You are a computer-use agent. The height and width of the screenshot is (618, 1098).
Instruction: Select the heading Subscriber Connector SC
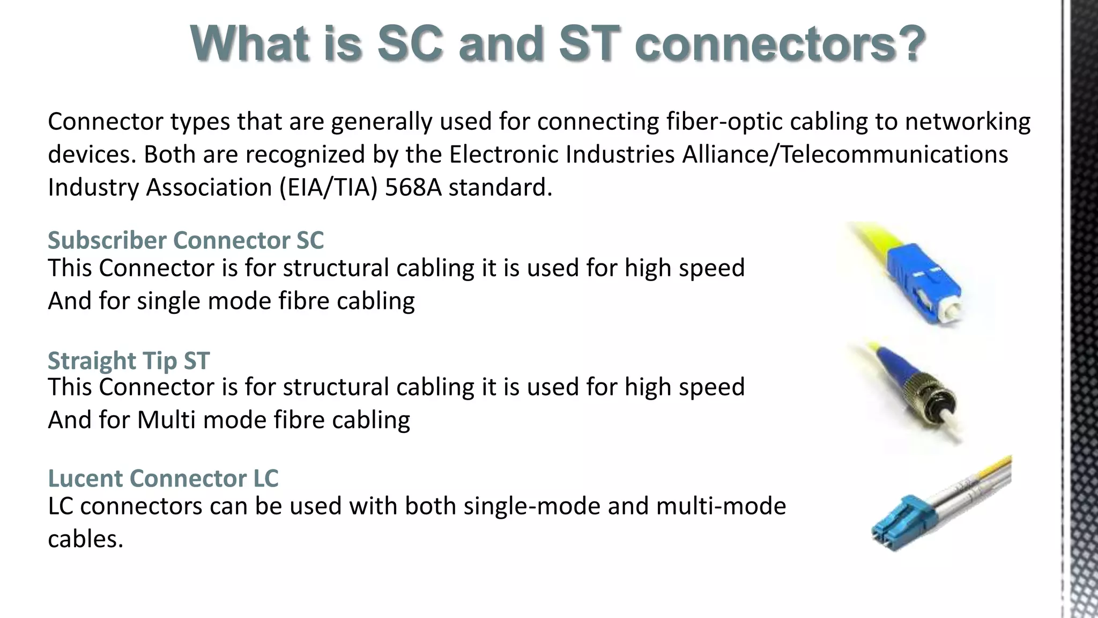coord(186,240)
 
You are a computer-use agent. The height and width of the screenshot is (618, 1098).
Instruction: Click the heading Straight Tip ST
coord(129,360)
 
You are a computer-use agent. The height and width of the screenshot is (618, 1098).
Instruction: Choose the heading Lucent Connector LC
coord(163,478)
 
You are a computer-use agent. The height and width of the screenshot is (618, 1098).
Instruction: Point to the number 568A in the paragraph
coord(413,187)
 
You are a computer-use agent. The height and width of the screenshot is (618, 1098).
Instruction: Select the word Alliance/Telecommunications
coord(845,154)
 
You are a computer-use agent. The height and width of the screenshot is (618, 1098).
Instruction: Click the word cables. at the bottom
coord(86,539)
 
